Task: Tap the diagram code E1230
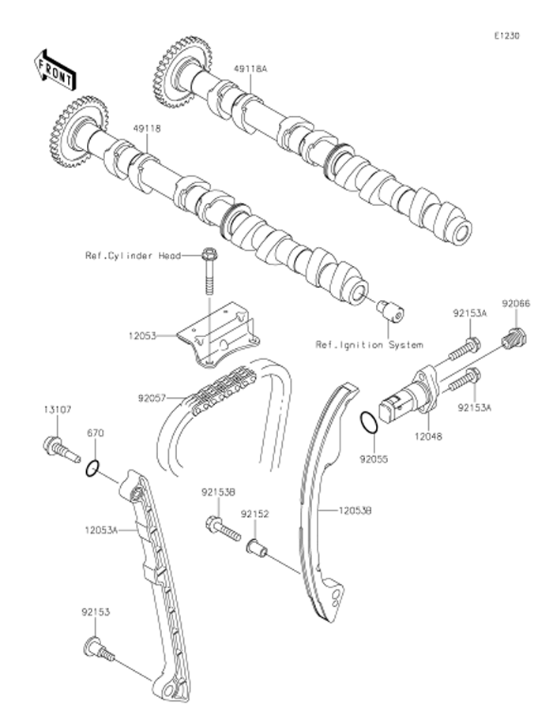(x=506, y=36)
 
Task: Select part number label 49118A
(x=250, y=69)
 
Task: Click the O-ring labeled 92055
(x=368, y=423)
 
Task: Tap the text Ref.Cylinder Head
(x=133, y=256)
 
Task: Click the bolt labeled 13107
(x=58, y=448)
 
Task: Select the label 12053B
(x=357, y=511)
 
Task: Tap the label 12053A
(x=102, y=531)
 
